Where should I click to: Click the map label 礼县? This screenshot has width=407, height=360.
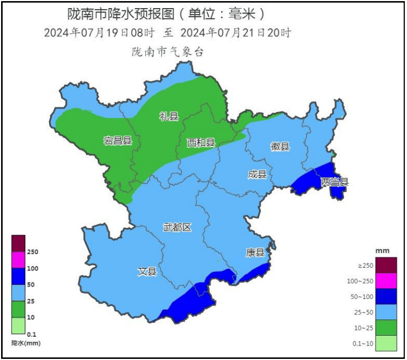168,116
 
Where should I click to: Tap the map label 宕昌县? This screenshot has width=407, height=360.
118,141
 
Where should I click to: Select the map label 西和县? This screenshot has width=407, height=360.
201,143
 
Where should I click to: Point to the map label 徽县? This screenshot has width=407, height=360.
280,146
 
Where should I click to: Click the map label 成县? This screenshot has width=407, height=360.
257,174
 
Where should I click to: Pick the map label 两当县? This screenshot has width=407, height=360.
335,182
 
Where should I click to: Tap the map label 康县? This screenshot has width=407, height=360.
255,252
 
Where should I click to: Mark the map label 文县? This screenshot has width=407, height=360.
147,271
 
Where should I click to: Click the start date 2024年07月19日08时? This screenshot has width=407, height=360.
100,32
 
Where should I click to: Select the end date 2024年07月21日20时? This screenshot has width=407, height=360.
236,32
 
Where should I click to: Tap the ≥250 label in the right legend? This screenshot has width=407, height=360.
365,266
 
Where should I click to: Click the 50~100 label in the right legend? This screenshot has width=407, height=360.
362,296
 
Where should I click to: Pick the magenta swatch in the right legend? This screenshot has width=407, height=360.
386,281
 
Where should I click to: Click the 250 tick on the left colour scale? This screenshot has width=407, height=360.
32,252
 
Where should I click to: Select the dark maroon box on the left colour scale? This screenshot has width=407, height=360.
18,243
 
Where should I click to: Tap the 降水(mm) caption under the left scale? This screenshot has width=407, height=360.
26,343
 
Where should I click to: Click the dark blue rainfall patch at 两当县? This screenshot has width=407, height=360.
312,181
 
